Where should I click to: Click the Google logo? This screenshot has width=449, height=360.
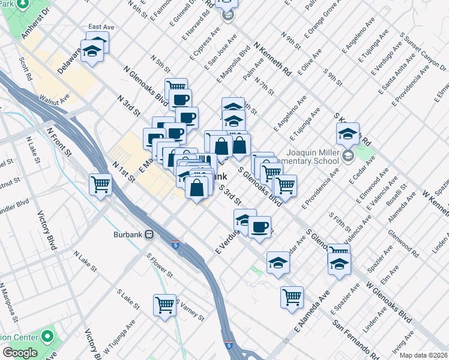20,353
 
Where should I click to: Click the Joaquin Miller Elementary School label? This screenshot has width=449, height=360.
316,157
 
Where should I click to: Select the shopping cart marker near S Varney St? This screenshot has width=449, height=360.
164,304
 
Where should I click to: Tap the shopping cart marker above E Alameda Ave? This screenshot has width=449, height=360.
292,296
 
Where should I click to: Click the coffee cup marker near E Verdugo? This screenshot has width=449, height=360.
259,227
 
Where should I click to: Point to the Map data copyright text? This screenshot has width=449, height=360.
423,355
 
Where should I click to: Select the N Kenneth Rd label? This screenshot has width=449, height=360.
273,58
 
